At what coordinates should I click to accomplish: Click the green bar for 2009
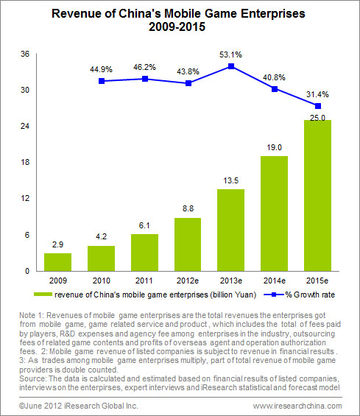(x=57, y=262)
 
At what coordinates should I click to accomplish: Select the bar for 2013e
(x=230, y=230)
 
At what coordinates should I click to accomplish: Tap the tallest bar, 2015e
(x=317, y=196)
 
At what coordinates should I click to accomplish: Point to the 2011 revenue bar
(x=144, y=253)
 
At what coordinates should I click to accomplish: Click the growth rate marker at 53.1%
(x=231, y=66)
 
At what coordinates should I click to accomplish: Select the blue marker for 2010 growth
(x=102, y=81)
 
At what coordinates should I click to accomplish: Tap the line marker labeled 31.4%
(x=318, y=106)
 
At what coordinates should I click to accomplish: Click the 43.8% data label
(x=188, y=71)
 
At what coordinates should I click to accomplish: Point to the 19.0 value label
(x=275, y=147)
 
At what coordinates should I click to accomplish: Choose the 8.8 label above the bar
(x=188, y=208)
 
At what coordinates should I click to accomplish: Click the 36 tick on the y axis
(x=25, y=54)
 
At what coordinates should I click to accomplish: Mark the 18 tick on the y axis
(x=25, y=162)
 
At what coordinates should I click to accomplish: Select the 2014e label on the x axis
(x=275, y=281)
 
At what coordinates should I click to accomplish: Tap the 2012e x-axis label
(x=188, y=281)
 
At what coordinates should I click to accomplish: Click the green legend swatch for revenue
(x=43, y=295)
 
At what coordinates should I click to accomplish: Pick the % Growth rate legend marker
(x=274, y=295)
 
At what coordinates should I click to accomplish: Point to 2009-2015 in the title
(x=177, y=27)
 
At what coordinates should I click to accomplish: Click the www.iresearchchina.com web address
(x=297, y=406)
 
